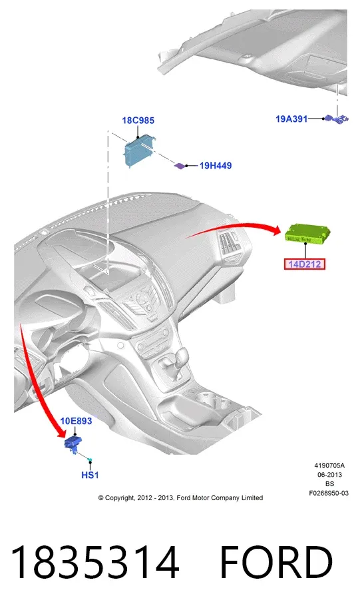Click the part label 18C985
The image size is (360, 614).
pos(138,121)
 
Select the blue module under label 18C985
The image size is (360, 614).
pos(139,151)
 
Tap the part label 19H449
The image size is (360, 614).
pos(215,166)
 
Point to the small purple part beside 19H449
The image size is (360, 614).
pos(180,166)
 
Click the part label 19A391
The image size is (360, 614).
pos(291,119)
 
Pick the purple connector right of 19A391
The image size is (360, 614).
pos(336,119)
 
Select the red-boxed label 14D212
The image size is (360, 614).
pos(305,264)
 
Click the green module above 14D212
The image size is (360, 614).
pos(307,234)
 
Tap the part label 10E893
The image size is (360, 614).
pos(77,421)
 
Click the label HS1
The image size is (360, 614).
pos(90,475)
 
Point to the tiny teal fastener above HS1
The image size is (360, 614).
pos(90,460)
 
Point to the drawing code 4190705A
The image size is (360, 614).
pos(329,465)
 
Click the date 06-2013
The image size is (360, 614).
pos(329,475)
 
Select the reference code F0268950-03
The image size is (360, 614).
pos(329,493)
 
